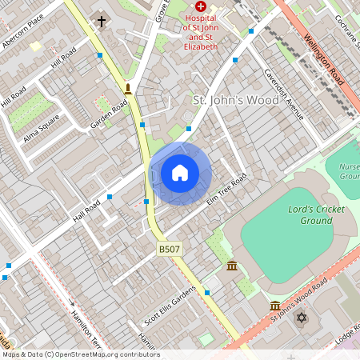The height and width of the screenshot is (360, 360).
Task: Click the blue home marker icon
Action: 180,173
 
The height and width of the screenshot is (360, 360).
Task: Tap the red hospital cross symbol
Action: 200,6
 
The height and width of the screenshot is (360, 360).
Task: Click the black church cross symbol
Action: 102,21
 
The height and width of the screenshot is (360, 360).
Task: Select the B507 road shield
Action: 168,250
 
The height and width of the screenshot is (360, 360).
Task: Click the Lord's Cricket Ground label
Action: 310,215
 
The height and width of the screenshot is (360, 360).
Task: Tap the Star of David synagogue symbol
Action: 302,318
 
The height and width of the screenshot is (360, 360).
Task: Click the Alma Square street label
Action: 42,126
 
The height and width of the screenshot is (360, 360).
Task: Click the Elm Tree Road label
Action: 226,190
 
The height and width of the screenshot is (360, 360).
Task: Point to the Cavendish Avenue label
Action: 285,94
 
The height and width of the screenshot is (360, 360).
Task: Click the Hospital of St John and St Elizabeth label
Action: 200,31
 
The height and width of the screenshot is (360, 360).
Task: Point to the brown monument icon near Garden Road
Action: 128,88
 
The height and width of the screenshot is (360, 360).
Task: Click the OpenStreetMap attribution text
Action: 80,354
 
